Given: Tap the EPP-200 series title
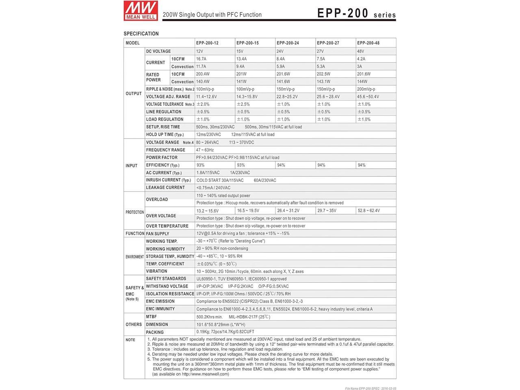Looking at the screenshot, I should pyautogui.click(x=356, y=13).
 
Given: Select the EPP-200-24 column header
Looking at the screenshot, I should pyautogui.click(x=288, y=43).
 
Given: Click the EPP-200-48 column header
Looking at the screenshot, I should pyautogui.click(x=368, y=43).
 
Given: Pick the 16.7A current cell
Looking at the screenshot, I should pyautogui.click(x=201, y=59).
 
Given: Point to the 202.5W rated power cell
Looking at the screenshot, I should pyautogui.click(x=323, y=74).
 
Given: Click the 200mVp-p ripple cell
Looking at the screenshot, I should pyautogui.click(x=366, y=89).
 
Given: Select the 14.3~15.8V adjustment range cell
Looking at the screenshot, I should pyautogui.click(x=247, y=97).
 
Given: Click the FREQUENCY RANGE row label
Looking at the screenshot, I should pyautogui.click(x=165, y=150).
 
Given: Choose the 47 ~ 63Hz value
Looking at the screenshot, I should pyautogui.click(x=205, y=150).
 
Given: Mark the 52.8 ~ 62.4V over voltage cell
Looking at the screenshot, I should pyautogui.click(x=368, y=211).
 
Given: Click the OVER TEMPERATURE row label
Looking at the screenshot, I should pyautogui.click(x=167, y=226).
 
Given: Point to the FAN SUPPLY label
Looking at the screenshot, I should pyautogui.click(x=158, y=234).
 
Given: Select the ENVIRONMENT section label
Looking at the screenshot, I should pyautogui.click(x=134, y=257).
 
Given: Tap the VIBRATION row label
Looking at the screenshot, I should pyautogui.click(x=156, y=271).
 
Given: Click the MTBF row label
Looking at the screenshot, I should pyautogui.click(x=151, y=316).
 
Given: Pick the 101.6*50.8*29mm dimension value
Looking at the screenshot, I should pyautogui.click(x=221, y=325).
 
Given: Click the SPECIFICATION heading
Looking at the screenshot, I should pyautogui.click(x=141, y=34).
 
